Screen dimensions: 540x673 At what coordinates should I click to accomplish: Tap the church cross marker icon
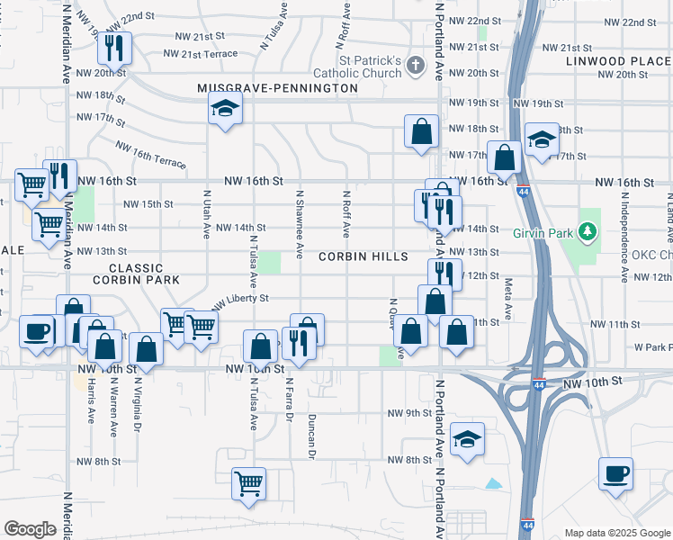415,65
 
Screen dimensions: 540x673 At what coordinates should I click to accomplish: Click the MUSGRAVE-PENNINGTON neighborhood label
278,89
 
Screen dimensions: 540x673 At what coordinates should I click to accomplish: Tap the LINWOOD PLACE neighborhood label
619,61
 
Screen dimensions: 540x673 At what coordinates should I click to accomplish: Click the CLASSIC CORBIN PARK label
144,274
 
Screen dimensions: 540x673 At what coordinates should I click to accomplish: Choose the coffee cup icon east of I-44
616,472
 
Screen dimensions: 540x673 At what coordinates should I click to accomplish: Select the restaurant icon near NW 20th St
114,48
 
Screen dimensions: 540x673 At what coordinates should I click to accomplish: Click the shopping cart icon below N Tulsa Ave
248,482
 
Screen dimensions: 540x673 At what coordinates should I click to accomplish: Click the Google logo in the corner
30,529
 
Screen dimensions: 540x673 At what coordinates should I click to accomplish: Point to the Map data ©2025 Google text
618,533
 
